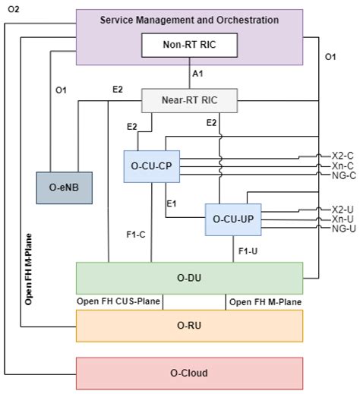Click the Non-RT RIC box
click(x=190, y=46)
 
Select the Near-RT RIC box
click(x=190, y=99)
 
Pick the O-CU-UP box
click(x=233, y=219)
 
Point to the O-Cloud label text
click(x=189, y=373)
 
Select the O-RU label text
click(x=189, y=326)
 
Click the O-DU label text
click(x=189, y=278)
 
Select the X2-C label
click(x=343, y=155)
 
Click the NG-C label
click(x=343, y=175)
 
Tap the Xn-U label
click(x=343, y=218)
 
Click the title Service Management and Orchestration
click(x=189, y=20)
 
